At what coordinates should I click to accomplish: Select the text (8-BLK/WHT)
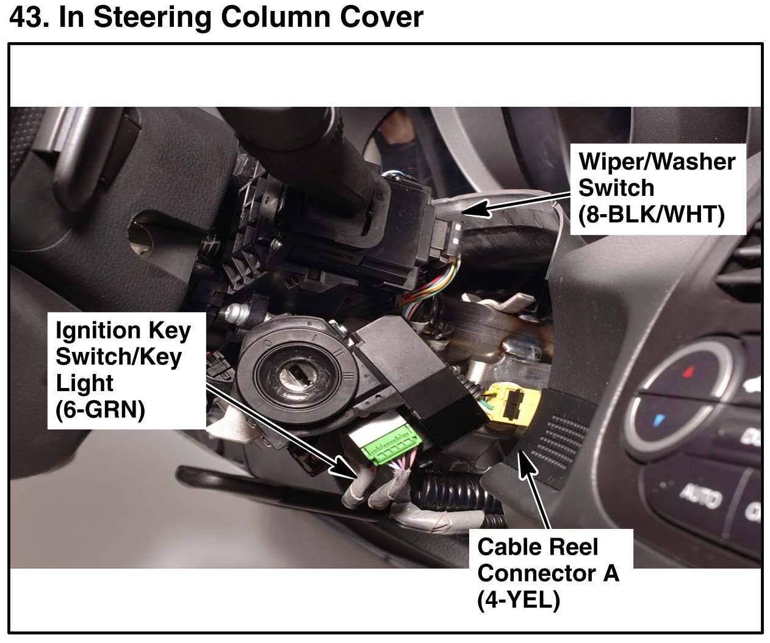coord(651,214)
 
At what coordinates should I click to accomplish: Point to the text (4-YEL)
coord(518,600)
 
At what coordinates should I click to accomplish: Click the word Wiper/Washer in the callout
coord(657,162)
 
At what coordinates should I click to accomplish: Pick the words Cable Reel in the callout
coord(538,547)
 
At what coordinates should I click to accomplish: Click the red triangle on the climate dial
coord(689,370)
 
